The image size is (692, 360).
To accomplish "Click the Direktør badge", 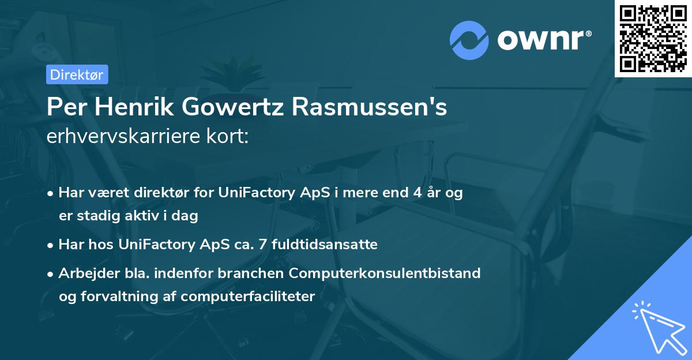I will click(x=77, y=74).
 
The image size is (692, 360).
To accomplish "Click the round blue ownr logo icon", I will click(x=469, y=40).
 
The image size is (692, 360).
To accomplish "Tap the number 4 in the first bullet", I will click(x=417, y=193).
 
